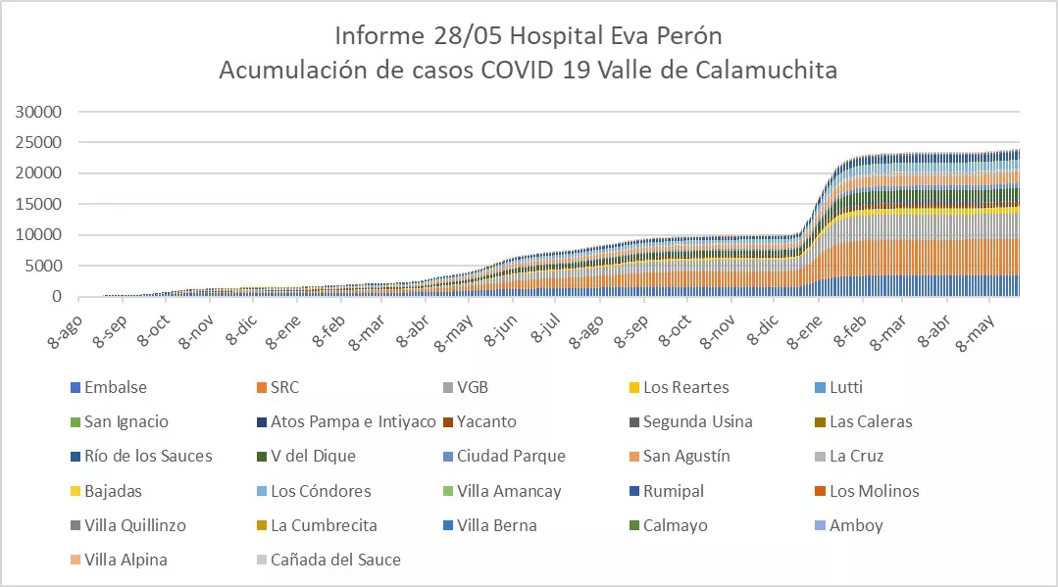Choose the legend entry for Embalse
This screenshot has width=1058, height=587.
[x=116, y=387]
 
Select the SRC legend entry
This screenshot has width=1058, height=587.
[x=285, y=387]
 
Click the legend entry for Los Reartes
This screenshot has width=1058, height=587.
[x=685, y=387]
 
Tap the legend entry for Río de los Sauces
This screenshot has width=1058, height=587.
[x=148, y=456]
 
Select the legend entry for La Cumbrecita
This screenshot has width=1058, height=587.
[x=324, y=525]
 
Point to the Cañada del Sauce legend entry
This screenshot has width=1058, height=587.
[x=335, y=560]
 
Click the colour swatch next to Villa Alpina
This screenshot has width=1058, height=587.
[x=75, y=561]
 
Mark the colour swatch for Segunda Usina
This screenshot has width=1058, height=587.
[x=632, y=422]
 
